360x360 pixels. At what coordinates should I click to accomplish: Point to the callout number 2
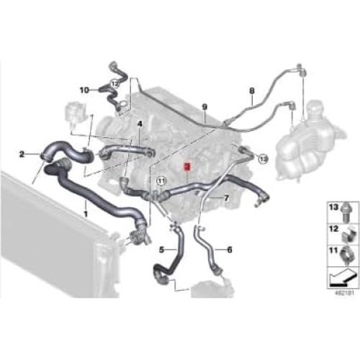tap(22, 153)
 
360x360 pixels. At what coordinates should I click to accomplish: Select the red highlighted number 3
tap(186, 165)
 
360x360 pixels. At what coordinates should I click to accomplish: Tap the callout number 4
tap(140, 123)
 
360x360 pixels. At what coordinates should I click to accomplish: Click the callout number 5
tap(162, 250)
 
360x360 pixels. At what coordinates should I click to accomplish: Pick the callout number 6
tap(229, 250)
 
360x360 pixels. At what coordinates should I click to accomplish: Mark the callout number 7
tap(228, 197)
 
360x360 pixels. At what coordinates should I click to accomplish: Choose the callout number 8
tap(251, 91)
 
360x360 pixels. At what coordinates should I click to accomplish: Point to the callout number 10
tap(84, 90)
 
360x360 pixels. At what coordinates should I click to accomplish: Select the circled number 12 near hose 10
tap(115, 84)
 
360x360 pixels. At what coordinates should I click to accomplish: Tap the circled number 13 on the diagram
tap(262, 157)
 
